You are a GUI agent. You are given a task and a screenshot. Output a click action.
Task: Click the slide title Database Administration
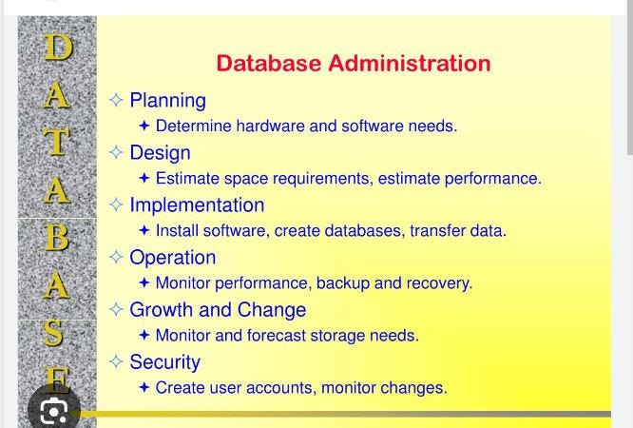353,64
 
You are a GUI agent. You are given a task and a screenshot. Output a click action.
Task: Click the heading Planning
167,101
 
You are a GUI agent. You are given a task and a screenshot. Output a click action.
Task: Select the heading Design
160,153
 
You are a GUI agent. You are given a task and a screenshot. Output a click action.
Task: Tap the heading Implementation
197,205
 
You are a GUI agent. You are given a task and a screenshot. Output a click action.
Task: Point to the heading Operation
172,258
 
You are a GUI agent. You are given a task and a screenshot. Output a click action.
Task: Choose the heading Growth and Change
218,310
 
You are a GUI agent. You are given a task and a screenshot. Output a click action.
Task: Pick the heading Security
164,362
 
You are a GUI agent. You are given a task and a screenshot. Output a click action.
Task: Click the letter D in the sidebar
57,47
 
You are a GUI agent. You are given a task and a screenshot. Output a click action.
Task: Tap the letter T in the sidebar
57,141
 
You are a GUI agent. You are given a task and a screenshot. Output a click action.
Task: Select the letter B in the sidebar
57,236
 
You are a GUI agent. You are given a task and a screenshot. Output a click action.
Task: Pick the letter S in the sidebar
56,332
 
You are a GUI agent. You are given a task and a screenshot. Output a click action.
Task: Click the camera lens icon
54,410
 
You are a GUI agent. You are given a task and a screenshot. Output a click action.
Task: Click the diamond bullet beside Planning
116,100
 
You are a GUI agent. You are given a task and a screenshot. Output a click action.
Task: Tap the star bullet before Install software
144,230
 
